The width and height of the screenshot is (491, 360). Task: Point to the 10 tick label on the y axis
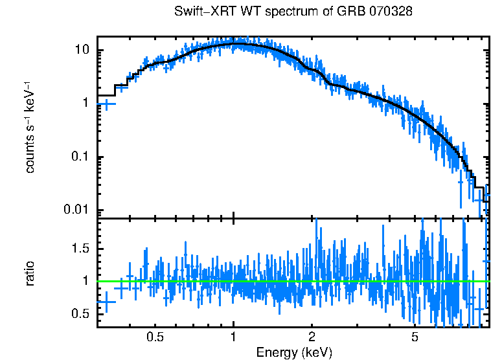pyautogui.click(x=82, y=51)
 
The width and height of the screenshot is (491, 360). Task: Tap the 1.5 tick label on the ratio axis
pyautogui.click(x=81, y=249)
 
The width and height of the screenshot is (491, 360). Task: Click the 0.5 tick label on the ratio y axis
pyautogui.click(x=81, y=314)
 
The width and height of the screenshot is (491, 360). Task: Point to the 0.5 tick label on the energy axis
pyautogui.click(x=155, y=337)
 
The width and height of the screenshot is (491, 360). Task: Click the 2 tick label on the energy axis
pyautogui.click(x=312, y=337)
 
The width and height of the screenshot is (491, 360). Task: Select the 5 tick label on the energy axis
pyautogui.click(x=415, y=337)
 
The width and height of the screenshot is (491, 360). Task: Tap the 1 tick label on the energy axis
pyautogui.click(x=233, y=337)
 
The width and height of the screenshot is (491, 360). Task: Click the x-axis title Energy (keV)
pyautogui.click(x=294, y=352)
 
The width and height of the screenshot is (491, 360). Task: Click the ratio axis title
pyautogui.click(x=30, y=274)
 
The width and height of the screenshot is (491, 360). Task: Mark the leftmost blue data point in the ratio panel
pyautogui.click(x=106, y=302)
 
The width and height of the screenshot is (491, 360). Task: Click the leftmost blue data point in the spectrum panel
pyautogui.click(x=106, y=104)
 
